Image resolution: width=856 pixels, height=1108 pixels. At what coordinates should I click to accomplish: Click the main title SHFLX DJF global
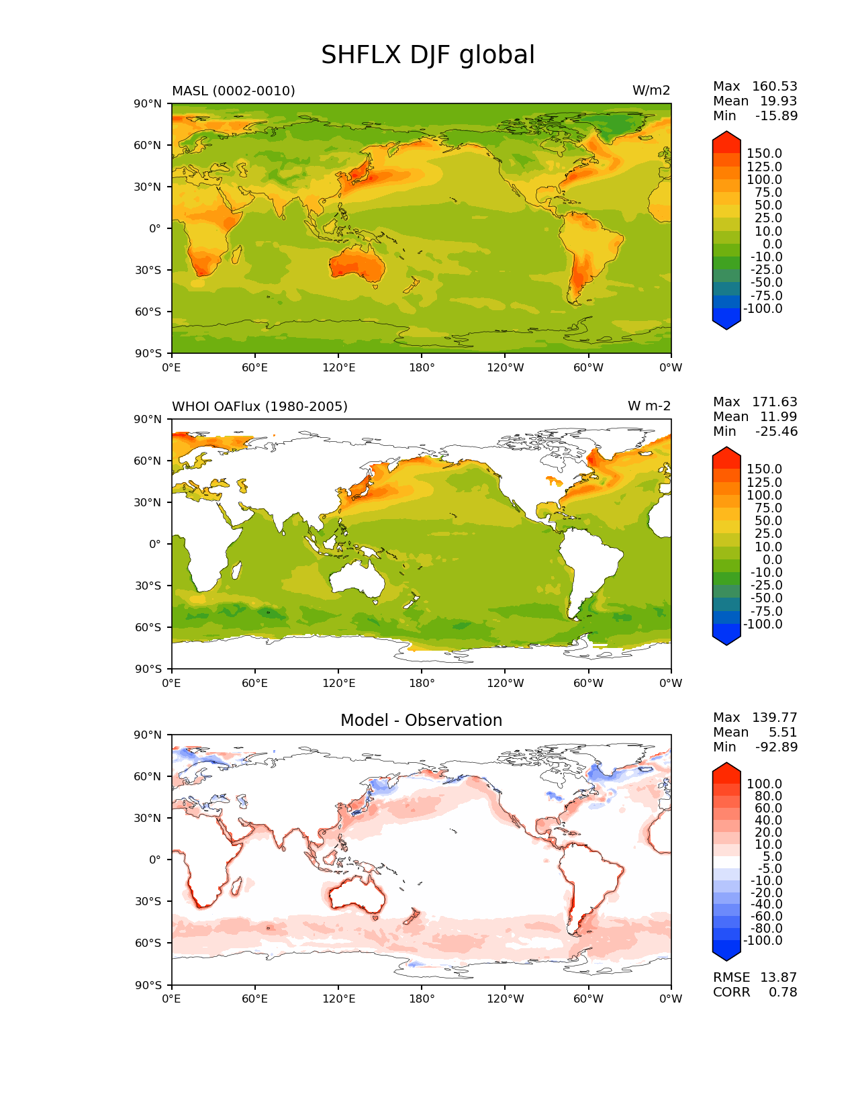click(x=428, y=55)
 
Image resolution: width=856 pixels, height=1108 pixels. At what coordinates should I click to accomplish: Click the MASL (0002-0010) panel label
click(x=233, y=91)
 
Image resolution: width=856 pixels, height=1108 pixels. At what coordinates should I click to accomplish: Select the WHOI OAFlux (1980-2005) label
click(x=259, y=406)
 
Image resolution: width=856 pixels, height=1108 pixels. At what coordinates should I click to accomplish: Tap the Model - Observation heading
click(x=421, y=720)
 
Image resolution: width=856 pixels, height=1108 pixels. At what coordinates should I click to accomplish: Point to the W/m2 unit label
click(x=651, y=91)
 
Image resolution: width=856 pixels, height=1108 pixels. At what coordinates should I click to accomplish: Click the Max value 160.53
click(x=774, y=86)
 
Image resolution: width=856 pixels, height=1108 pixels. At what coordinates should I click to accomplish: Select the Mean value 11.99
click(x=778, y=416)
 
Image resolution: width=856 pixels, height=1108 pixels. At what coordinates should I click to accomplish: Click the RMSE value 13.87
click(x=778, y=977)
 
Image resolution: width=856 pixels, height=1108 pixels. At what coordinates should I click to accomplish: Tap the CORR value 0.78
click(x=783, y=992)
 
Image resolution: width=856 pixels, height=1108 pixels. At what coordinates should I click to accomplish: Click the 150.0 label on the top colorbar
click(x=764, y=154)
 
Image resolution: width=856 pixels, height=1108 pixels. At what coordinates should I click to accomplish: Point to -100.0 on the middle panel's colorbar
click(x=763, y=624)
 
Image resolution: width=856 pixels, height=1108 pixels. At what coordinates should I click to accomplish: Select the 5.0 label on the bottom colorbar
click(x=771, y=856)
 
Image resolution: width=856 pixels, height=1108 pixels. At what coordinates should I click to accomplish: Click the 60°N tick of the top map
click(x=149, y=145)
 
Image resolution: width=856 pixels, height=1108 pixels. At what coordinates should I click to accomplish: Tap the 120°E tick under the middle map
click(x=338, y=683)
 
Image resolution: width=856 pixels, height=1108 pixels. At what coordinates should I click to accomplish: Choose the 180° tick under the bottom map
click(x=422, y=999)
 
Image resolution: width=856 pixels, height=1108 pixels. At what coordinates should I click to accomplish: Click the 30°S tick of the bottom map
click(x=149, y=901)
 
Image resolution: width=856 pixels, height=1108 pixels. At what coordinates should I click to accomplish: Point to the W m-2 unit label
click(x=649, y=406)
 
